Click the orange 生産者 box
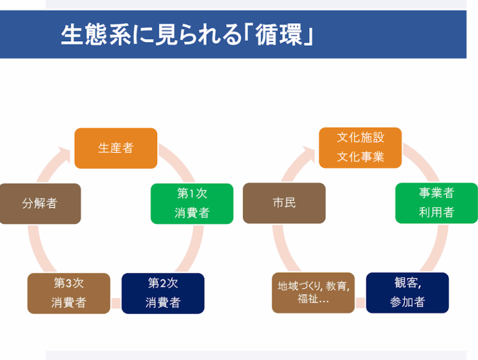pos(116,148)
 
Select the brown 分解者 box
pos(40,204)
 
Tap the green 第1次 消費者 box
pos(192,204)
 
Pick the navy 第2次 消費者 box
pos(163,293)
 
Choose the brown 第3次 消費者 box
pos(69,293)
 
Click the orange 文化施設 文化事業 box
pos(360,148)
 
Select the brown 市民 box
pos(284,203)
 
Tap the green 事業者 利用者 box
pos(437,203)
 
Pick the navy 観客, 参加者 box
pos(408,293)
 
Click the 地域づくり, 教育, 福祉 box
pos(314,293)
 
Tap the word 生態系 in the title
pos(96,35)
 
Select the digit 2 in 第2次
pos(163,283)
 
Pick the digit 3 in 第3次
pos(69,283)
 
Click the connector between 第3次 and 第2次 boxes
pos(116,303)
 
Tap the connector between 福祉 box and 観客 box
pos(361,302)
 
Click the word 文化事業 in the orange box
pos(360,157)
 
